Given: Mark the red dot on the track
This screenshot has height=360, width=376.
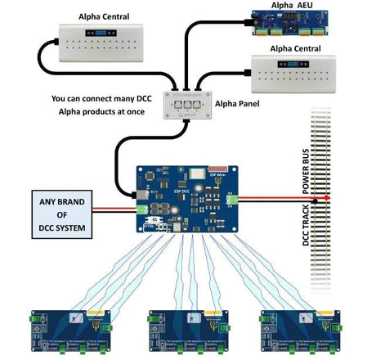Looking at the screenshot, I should (327, 198).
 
